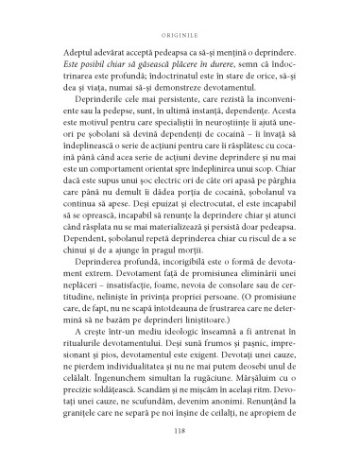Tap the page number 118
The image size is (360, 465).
tap(179, 434)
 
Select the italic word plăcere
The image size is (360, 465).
tap(181, 60)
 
